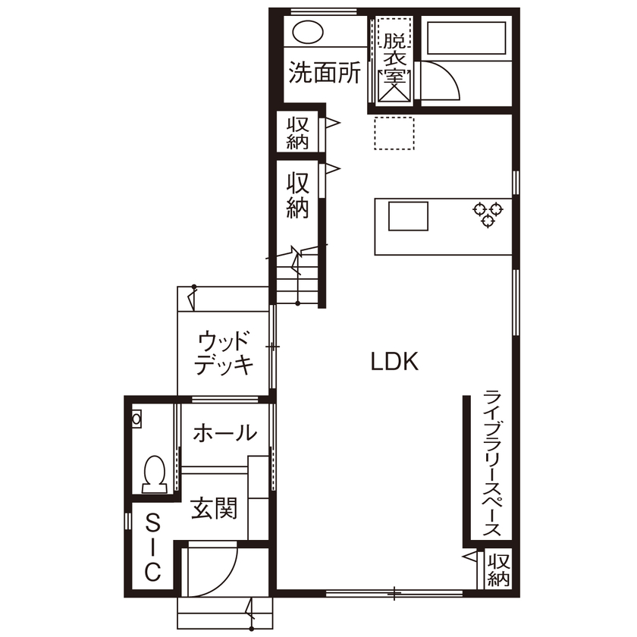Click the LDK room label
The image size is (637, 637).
(x=394, y=362)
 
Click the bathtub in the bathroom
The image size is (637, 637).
(x=466, y=38)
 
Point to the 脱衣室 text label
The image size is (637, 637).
(x=394, y=57)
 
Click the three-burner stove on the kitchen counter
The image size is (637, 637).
(x=488, y=213)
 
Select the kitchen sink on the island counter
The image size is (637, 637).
(x=409, y=216)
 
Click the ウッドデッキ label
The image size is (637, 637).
(x=224, y=353)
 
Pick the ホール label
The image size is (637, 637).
(x=224, y=434)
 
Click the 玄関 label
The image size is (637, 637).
(x=214, y=508)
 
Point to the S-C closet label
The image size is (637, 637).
(x=152, y=548)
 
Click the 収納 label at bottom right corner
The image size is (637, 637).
(x=498, y=570)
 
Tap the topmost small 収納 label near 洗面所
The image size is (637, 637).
(x=297, y=132)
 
